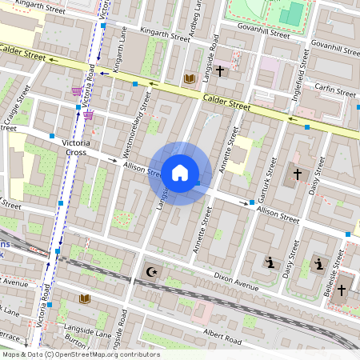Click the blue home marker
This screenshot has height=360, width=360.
pos(180,173)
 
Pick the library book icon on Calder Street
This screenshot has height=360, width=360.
pos(190,78)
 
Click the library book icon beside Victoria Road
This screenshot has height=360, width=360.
pos(86,298)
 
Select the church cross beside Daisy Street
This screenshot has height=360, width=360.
pos(298,174)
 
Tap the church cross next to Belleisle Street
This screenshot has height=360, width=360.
pos(342,289)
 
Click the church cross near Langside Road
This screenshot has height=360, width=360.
pos(220,70)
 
